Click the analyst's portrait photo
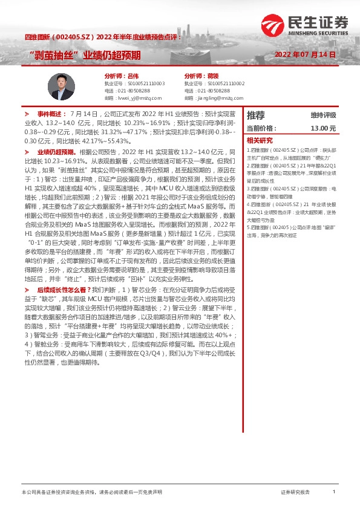pos(61,86)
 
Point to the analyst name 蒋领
pos(212,76)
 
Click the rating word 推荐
pos(255,115)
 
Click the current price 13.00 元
pos(322,128)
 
